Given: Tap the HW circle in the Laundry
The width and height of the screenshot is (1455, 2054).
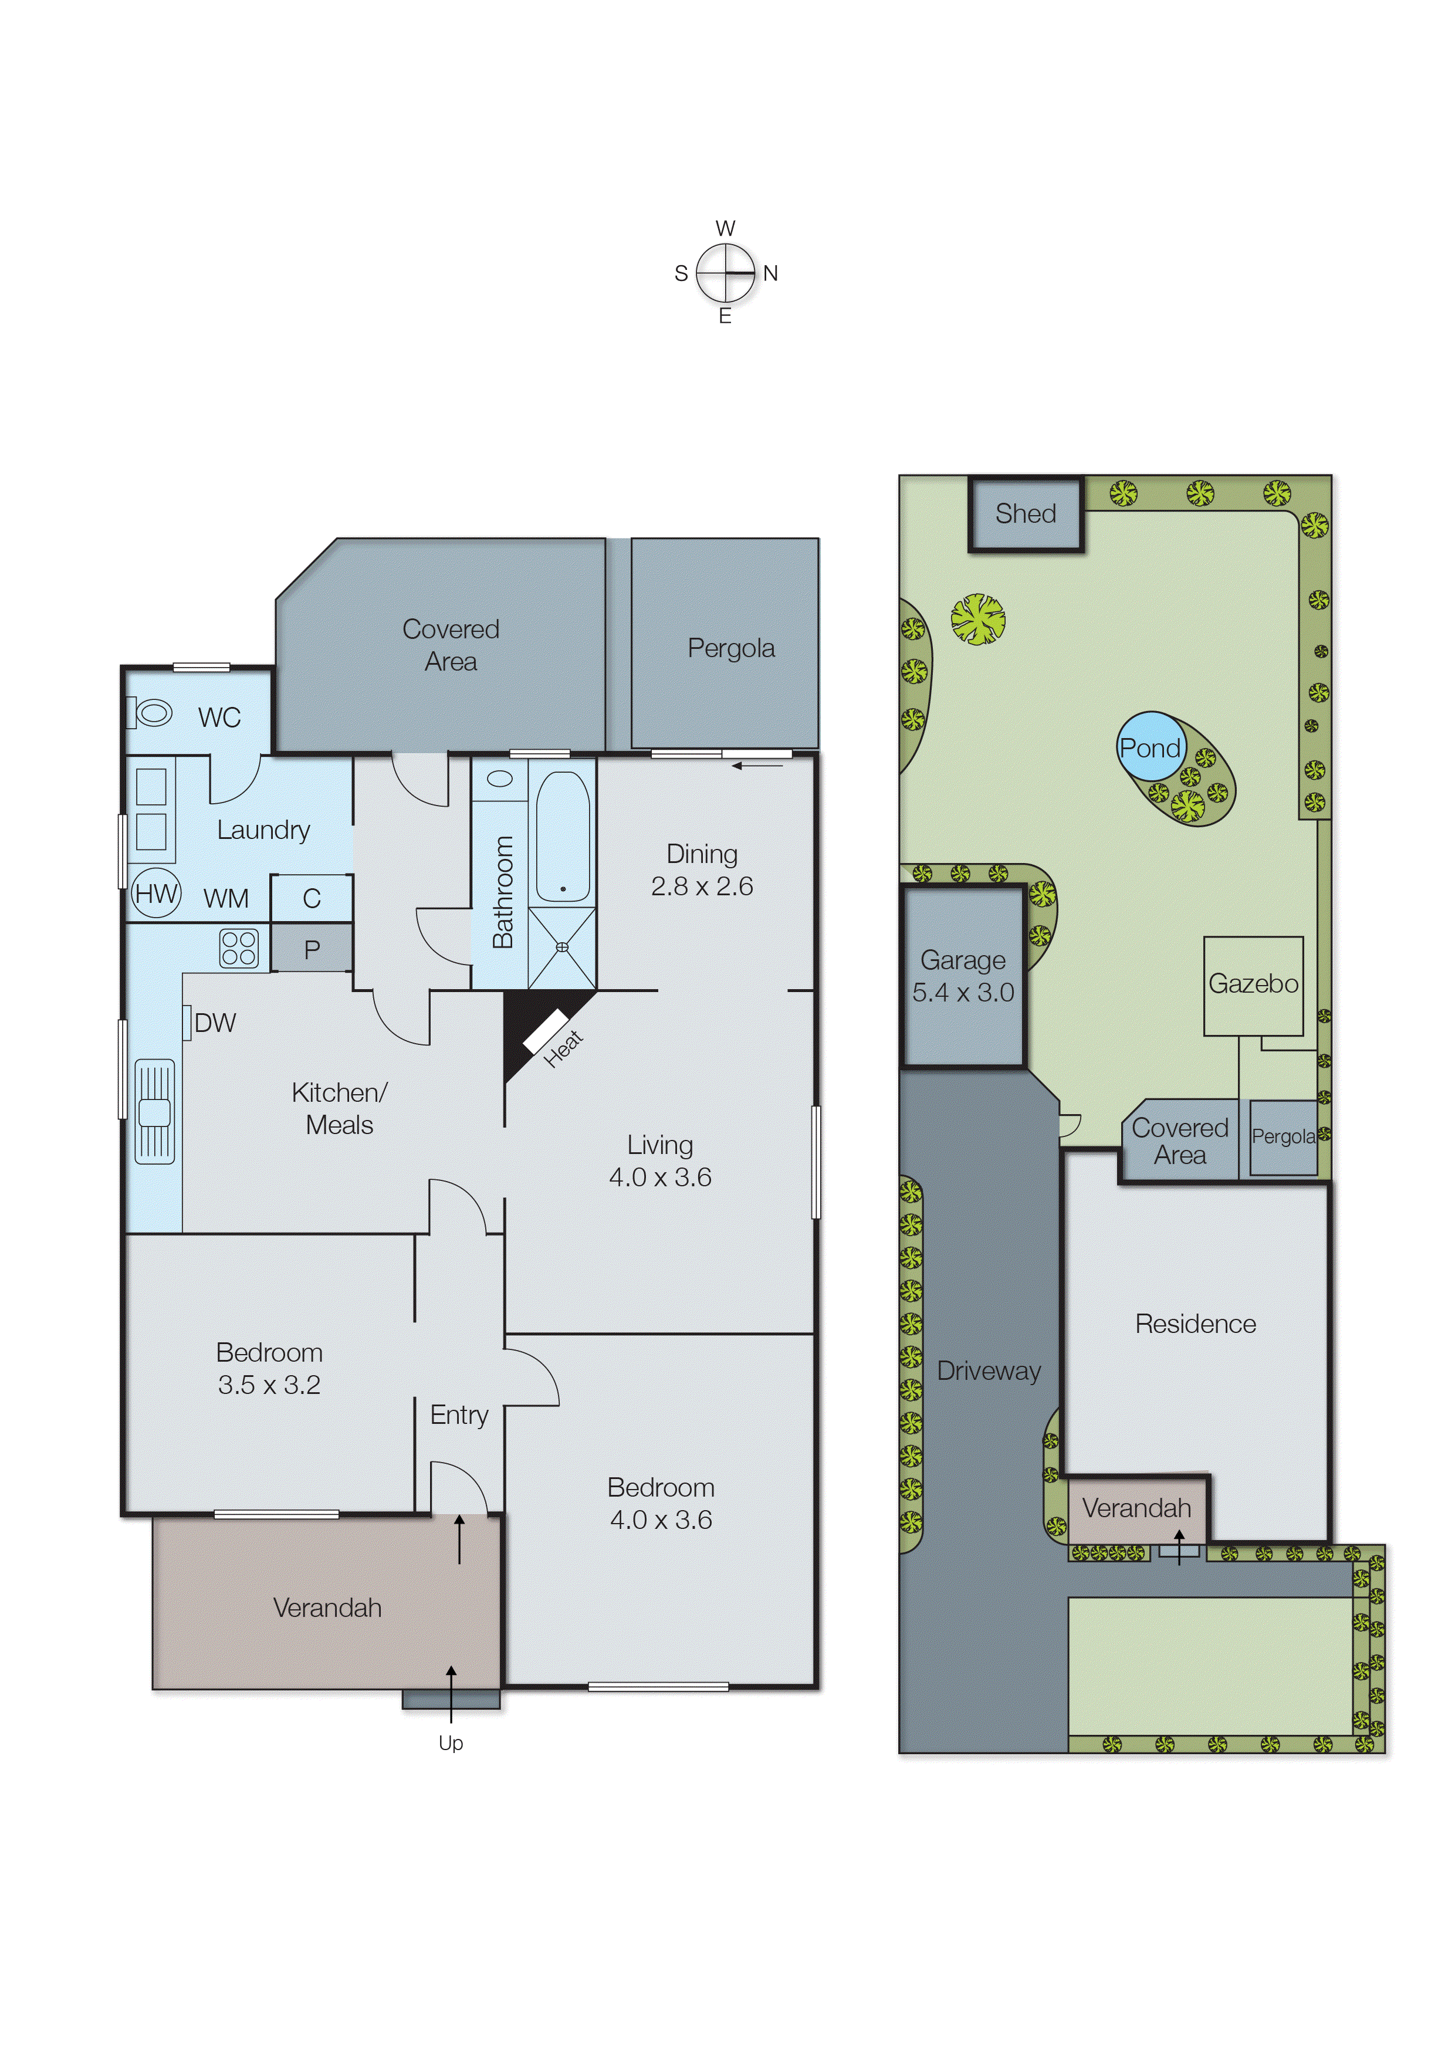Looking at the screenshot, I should coord(156,893).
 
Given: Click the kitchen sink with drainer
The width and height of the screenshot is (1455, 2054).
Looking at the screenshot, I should coord(154,1111).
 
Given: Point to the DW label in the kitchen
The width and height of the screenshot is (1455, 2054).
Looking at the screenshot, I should coord(214,1022).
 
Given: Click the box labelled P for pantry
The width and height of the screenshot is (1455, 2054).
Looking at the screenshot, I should coord(311,949).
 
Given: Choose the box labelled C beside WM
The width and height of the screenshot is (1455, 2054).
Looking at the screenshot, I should coord(311,898).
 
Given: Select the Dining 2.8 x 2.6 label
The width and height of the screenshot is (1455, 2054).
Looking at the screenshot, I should coord(702,869).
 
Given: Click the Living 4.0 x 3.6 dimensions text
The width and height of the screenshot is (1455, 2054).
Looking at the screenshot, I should coord(660,1176).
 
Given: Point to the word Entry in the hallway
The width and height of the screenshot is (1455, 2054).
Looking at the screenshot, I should coord(459,1415).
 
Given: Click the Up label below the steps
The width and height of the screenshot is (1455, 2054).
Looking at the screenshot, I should coord(451,1742).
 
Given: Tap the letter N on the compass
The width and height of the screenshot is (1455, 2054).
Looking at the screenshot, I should coord(770,273).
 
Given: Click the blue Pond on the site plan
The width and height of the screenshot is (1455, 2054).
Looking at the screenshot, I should coord(1151,746).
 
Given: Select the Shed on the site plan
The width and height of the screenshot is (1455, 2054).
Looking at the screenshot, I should coord(1026,513).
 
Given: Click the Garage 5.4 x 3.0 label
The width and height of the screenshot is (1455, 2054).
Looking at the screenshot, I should coord(963,976).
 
